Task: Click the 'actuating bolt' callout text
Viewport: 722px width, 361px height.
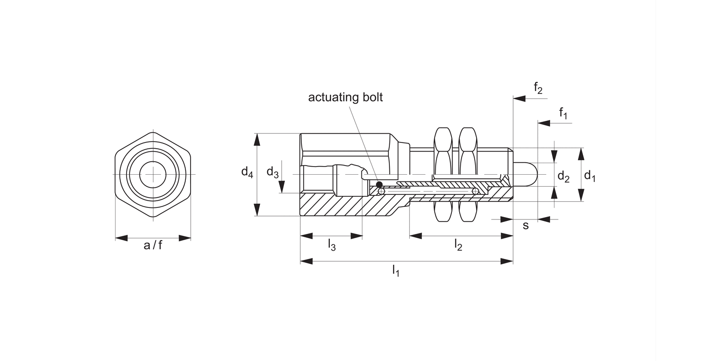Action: coord(345,97)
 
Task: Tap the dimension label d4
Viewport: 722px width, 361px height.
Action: coord(247,172)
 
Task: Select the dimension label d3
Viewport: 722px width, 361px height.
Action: coord(272,172)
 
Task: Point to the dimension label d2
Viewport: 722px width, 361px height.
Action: coord(563,177)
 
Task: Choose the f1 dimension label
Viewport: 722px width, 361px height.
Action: coord(563,113)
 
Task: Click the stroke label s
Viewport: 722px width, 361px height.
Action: coord(526,225)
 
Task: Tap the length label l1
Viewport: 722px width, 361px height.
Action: coord(396,271)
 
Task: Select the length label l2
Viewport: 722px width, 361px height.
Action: coord(458,245)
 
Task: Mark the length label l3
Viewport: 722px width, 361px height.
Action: coord(332,245)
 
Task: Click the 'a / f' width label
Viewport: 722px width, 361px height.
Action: coord(153,245)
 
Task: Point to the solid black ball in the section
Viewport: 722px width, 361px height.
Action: coord(379,184)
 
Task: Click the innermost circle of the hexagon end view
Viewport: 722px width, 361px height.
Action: coord(153,174)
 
